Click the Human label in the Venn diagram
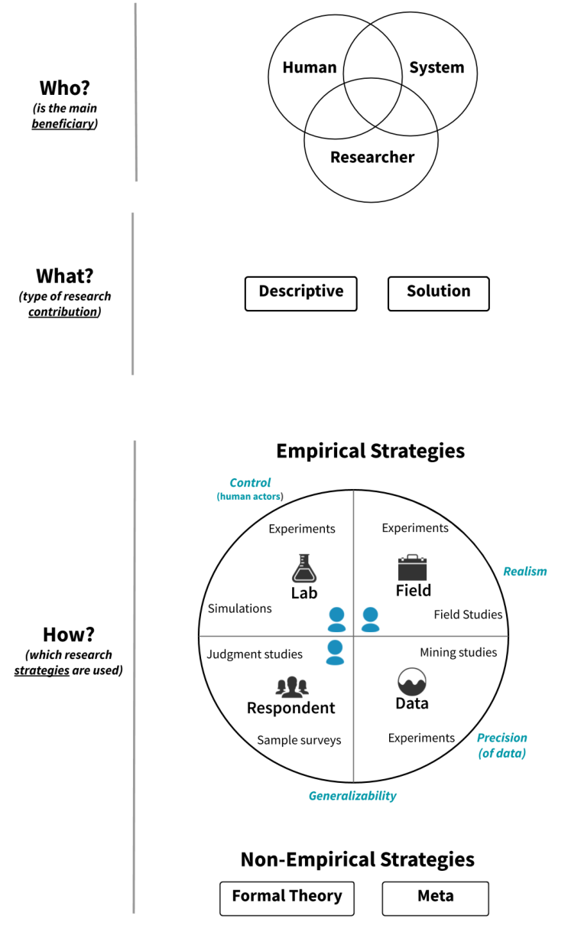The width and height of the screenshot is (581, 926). pyautogui.click(x=310, y=67)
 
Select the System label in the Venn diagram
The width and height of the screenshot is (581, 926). pyautogui.click(x=437, y=67)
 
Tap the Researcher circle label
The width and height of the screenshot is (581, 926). pyautogui.click(x=372, y=157)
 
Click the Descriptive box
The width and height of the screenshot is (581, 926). pyautogui.click(x=300, y=294)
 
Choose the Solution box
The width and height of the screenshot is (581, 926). pyautogui.click(x=439, y=294)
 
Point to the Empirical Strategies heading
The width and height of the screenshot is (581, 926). pyautogui.click(x=371, y=451)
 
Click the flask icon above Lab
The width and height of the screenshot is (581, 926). pyautogui.click(x=304, y=569)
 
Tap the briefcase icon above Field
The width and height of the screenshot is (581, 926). pyautogui.click(x=412, y=567)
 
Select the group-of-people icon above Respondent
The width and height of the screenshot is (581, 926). pyautogui.click(x=292, y=686)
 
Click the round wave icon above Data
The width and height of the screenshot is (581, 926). pyautogui.click(x=412, y=682)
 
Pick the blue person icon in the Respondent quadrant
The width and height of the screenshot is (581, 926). pyautogui.click(x=335, y=652)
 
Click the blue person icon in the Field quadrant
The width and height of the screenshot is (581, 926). pyautogui.click(x=371, y=619)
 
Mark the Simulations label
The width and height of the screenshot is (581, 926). pyautogui.click(x=239, y=608)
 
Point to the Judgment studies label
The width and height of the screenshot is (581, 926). pyautogui.click(x=255, y=654)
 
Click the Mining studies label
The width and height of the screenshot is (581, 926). pyautogui.click(x=459, y=652)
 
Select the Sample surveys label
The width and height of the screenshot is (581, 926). pyautogui.click(x=299, y=740)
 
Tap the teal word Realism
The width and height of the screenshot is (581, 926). pyautogui.click(x=525, y=572)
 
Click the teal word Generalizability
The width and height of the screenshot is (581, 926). pyautogui.click(x=352, y=796)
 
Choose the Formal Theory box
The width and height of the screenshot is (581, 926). pyautogui.click(x=287, y=898)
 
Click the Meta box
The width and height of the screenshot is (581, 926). pyautogui.click(x=435, y=898)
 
